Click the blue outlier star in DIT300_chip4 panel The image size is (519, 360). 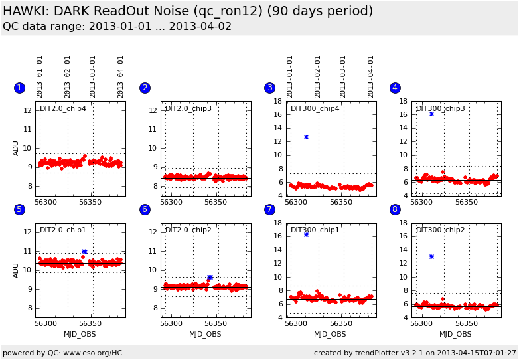(x=306, y=137)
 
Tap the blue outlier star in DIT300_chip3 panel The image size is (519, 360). (x=431, y=114)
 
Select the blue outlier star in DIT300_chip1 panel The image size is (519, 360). (x=306, y=235)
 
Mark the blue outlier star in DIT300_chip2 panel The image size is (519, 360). (x=431, y=256)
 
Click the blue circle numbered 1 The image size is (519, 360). (x=19, y=88)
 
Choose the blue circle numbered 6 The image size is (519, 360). (x=145, y=209)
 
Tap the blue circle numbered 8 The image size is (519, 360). (x=395, y=209)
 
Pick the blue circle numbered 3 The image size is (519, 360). (x=270, y=88)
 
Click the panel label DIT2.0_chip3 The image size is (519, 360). (x=188, y=109)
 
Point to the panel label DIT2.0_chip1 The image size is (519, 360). (x=63, y=230)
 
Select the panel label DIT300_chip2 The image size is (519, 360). (x=440, y=230)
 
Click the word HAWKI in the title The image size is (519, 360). (x=25, y=11)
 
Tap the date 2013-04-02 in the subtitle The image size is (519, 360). (x=200, y=26)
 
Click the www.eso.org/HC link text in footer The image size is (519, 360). (x=93, y=353)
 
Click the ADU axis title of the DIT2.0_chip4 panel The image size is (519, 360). (x=15, y=148)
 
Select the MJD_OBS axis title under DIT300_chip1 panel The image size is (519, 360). (x=330, y=334)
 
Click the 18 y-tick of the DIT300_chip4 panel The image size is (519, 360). (x=278, y=101)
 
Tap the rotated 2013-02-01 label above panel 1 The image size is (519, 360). (x=67, y=77)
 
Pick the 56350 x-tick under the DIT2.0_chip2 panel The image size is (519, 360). (x=216, y=323)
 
